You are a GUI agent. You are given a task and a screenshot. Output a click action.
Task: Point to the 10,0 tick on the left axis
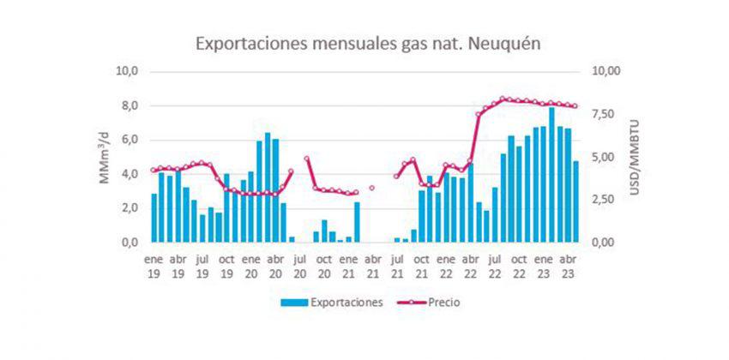126,71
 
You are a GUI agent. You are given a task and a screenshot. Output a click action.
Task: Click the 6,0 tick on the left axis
129,140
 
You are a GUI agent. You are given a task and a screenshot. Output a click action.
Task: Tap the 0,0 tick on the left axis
129,243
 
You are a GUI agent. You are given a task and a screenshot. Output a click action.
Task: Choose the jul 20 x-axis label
300,266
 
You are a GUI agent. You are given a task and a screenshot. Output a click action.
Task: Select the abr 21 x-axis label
372,266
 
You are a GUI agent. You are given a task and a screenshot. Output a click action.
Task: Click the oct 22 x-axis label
518,266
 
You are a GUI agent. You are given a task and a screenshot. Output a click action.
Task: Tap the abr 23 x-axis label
567,266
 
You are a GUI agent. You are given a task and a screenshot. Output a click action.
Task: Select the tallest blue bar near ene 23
551,176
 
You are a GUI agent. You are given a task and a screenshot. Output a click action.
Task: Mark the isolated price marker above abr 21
372,188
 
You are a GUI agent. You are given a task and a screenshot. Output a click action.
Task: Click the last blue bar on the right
575,202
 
